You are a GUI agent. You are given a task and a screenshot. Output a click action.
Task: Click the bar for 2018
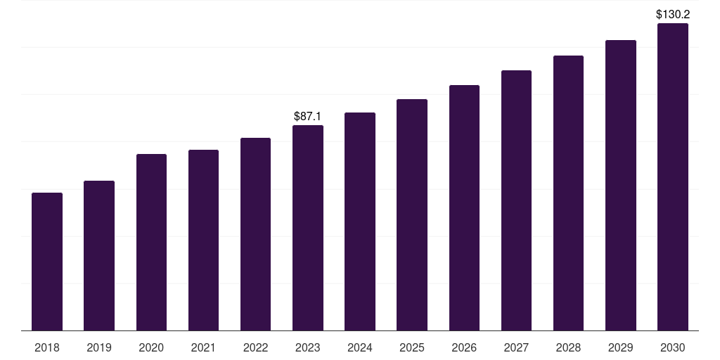47,262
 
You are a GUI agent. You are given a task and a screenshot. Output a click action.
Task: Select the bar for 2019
99,256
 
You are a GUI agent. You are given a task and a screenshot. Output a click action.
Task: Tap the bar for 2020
151,243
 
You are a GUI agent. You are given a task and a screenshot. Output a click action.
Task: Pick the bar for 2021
203,240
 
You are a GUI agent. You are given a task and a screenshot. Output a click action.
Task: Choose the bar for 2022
255,234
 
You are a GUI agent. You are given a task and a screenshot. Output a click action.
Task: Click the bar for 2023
308,228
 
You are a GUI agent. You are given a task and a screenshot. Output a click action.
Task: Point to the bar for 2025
412,215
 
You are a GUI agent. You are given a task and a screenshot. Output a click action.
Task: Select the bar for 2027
516,200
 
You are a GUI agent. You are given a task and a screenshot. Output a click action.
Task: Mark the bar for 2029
620,186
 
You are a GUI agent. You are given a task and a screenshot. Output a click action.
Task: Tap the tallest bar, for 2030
673,177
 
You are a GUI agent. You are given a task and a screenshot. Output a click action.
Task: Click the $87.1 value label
308,116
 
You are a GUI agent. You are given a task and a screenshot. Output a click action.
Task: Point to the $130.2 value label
673,14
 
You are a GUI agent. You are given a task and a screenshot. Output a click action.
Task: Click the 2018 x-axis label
47,347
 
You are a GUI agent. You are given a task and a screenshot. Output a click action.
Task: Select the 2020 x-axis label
151,347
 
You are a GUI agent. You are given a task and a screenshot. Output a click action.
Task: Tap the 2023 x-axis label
308,347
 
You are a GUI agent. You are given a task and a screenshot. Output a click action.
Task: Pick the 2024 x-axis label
360,347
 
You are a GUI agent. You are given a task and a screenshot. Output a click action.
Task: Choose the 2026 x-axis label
464,347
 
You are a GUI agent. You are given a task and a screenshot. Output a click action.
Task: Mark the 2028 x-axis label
568,347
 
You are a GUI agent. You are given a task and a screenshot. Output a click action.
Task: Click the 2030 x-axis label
673,347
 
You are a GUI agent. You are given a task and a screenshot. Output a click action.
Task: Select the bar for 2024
360,221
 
